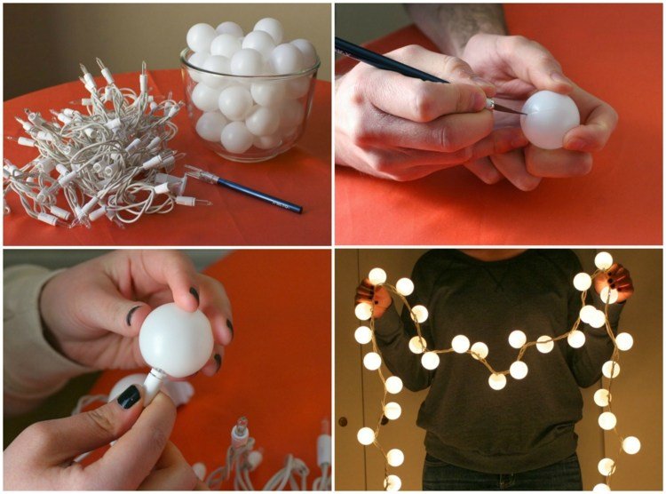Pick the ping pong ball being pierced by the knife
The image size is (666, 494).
(x=550, y=120)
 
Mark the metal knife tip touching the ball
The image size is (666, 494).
(x=507, y=108)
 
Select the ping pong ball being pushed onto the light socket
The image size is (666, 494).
(x=176, y=339)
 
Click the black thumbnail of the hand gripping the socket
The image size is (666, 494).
(x=129, y=396)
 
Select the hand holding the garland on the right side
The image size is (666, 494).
(x=618, y=282)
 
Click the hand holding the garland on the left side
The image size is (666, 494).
(x=373, y=293)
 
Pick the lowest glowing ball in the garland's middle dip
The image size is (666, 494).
(x=497, y=380)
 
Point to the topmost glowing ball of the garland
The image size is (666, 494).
(x=604, y=260)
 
